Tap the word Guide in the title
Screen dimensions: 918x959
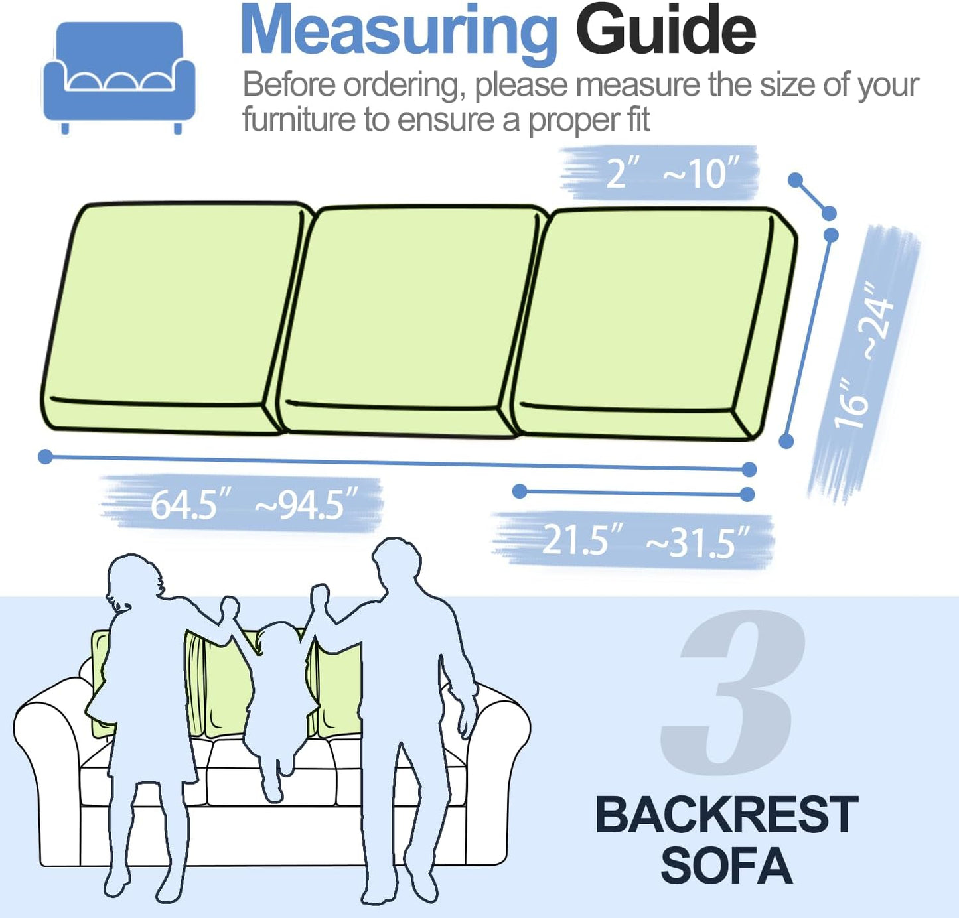coord(665,31)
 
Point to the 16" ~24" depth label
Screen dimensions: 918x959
coord(863,358)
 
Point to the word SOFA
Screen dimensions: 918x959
coord(727,866)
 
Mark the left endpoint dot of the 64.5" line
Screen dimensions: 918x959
coord(45,456)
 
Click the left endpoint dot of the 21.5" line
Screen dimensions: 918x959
coord(520,491)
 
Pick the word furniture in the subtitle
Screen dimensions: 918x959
coord(299,120)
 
